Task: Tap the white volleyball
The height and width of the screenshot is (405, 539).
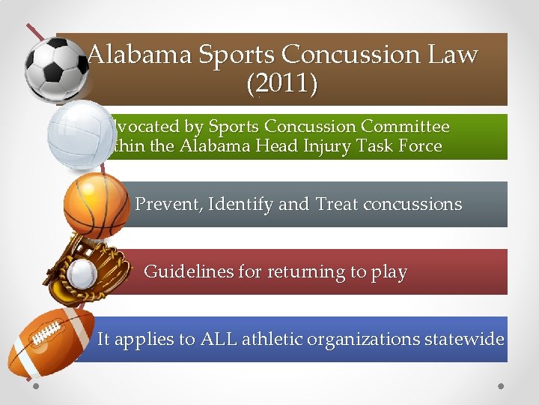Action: coord(80,135)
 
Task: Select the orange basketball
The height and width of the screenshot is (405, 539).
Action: coord(96,205)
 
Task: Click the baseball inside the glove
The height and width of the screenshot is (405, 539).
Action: coord(82,274)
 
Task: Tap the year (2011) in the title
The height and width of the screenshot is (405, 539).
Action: coord(281,84)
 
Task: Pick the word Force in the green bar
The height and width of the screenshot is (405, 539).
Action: coord(419,146)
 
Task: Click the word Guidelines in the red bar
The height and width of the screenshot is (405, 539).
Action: coord(189,271)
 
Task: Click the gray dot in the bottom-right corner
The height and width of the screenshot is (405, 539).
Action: coord(501,386)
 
